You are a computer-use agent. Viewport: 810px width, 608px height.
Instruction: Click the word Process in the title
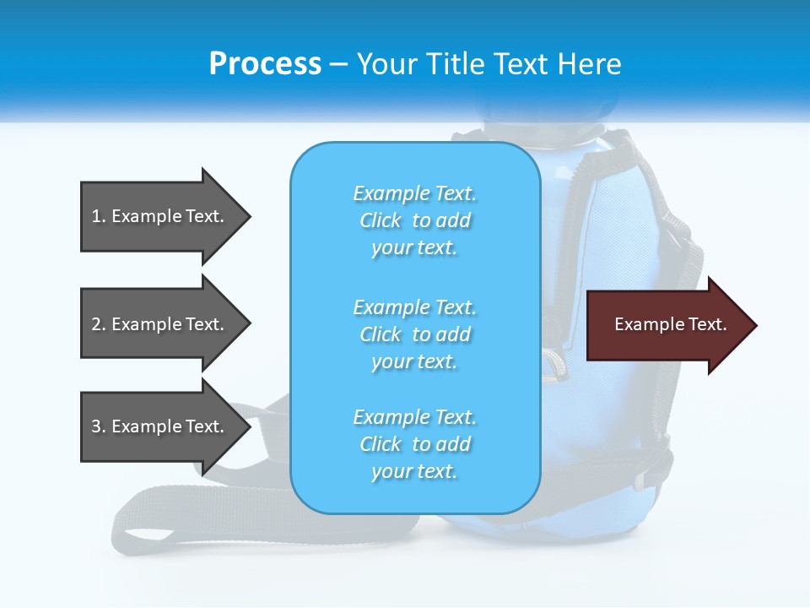[x=265, y=64]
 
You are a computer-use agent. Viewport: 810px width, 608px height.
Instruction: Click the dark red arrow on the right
[x=667, y=325]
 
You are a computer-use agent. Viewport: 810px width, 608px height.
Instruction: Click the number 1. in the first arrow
[x=99, y=216]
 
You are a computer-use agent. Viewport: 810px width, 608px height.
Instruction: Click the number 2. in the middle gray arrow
[x=99, y=324]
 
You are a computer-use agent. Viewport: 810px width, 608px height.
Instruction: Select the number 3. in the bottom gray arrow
[x=99, y=426]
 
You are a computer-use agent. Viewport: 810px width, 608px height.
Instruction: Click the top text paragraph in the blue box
[x=414, y=220]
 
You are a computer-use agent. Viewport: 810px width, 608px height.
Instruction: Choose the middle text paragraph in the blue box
[x=414, y=334]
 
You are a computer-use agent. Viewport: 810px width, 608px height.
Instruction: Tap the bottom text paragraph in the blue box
[x=414, y=444]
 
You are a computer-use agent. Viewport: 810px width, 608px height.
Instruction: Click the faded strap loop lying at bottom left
[x=169, y=524]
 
